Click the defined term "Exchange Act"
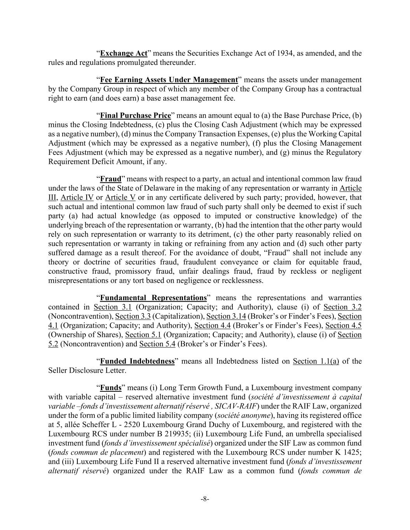(x=124, y=53)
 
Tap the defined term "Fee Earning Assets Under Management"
(x=169, y=80)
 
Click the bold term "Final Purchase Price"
(x=135, y=116)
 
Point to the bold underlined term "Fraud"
(x=111, y=179)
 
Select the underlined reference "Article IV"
(x=77, y=198)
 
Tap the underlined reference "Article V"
(x=120, y=198)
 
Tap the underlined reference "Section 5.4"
(x=157, y=344)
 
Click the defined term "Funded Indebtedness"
(x=137, y=361)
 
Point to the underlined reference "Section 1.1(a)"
(x=316, y=361)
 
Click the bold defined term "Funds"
(x=111, y=388)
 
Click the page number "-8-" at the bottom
(x=205, y=499)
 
